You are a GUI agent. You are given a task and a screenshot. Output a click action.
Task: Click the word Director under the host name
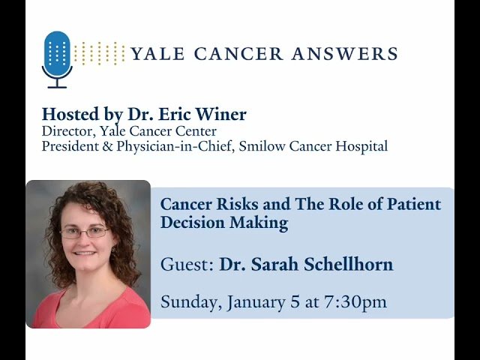65,131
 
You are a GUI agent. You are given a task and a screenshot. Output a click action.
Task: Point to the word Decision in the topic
188,222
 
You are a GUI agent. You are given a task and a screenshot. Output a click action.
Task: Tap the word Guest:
187,265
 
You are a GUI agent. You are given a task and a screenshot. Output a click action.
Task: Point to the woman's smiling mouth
85,256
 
